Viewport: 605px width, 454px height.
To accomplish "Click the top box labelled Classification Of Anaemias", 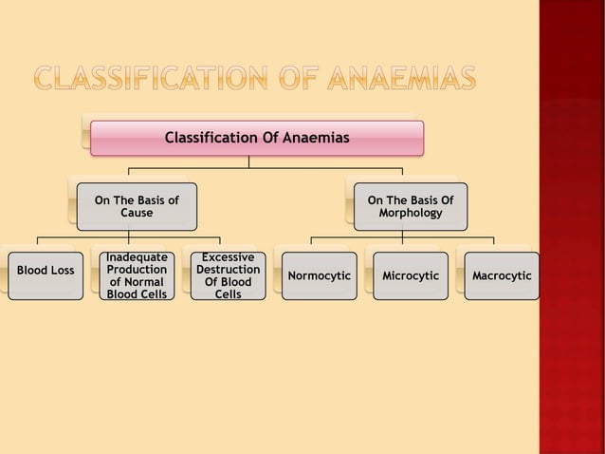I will (x=256, y=139).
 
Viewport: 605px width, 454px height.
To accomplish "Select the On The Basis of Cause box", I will (x=137, y=206).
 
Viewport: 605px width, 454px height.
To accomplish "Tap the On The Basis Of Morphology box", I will (x=410, y=206).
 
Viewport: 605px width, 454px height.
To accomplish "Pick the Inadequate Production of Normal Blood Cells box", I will (x=137, y=275).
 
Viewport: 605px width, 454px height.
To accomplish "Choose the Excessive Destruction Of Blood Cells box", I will (x=228, y=275).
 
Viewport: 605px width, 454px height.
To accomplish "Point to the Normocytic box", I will (x=319, y=275).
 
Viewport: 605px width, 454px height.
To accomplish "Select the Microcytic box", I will (x=410, y=275).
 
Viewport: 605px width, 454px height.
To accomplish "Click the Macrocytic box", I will (x=501, y=275).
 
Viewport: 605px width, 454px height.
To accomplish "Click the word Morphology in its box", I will (x=410, y=214).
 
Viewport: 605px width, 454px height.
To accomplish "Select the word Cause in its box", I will (x=137, y=214).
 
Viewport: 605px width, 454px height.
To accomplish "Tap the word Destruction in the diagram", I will (x=228, y=270).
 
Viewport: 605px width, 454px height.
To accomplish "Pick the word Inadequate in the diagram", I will (x=137, y=257).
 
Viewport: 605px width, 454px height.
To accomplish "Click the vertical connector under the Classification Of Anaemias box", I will (x=249, y=161).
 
